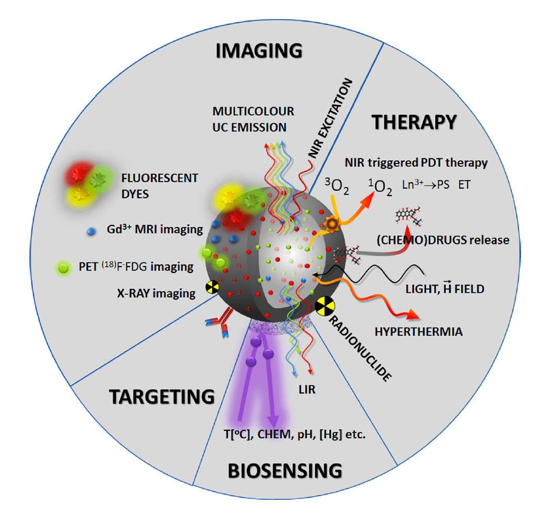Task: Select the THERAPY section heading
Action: [414, 122]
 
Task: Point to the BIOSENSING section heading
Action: [285, 470]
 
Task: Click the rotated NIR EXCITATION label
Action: [329, 119]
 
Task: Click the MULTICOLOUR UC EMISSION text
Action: [253, 119]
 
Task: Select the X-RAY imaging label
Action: [156, 294]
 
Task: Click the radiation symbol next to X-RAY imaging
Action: [212, 287]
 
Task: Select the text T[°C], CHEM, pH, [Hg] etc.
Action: [292, 434]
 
